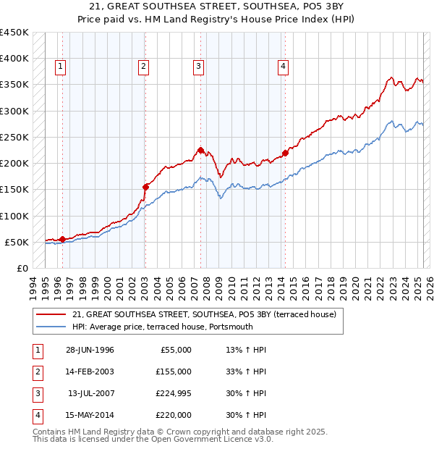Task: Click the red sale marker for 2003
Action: click(145, 187)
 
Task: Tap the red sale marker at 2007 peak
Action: click(200, 150)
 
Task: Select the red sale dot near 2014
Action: click(285, 153)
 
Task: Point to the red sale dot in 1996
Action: click(62, 239)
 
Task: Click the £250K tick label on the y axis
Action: click(14, 137)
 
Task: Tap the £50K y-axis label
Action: click(17, 242)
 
